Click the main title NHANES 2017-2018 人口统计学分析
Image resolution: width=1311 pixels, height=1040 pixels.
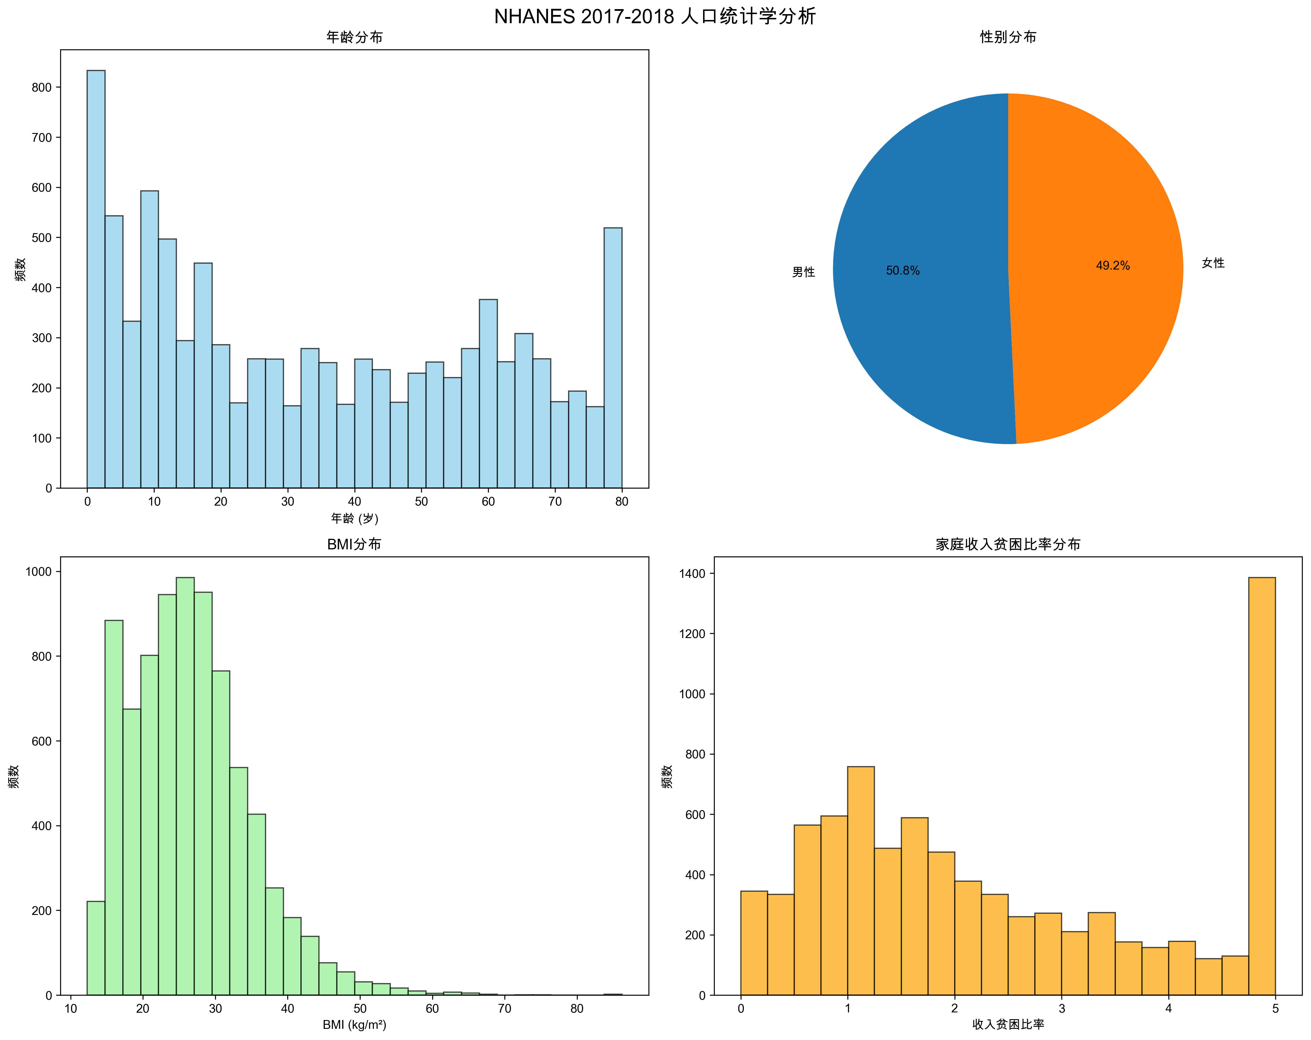point(655,16)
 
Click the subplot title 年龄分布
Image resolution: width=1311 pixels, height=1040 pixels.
point(354,37)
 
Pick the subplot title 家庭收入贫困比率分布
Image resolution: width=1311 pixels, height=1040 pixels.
point(1008,544)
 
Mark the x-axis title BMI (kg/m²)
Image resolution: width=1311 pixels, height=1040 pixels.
point(354,1025)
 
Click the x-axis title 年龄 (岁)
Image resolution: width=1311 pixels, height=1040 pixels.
point(354,519)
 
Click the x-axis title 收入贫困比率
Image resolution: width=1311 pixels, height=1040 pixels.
point(1008,1025)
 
